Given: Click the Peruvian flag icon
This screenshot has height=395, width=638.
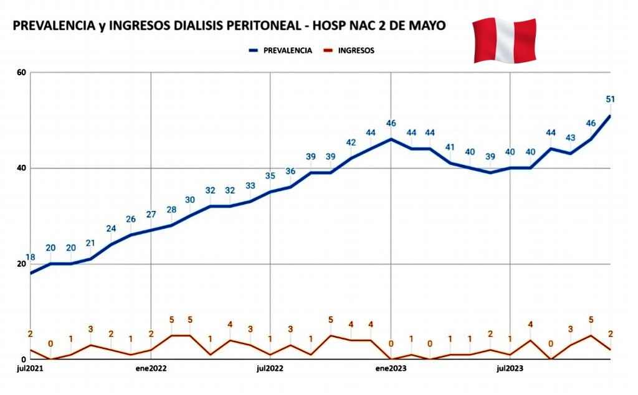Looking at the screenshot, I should click(x=504, y=40).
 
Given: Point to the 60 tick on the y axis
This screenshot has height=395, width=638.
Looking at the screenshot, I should click(x=21, y=72).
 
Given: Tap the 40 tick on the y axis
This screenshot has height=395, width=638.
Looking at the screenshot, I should click(x=21, y=168).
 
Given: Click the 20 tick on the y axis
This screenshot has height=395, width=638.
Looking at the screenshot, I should click(x=21, y=264).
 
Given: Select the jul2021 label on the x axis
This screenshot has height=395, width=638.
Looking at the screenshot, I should click(x=31, y=368).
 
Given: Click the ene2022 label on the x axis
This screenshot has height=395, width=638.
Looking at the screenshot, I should click(x=150, y=368).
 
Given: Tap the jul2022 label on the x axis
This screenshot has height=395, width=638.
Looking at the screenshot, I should click(x=270, y=368).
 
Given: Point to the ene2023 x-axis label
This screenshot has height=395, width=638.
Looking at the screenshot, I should click(x=391, y=368).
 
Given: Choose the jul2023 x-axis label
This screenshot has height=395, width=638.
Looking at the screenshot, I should click(x=510, y=368).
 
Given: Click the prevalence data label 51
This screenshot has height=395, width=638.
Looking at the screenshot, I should click(x=611, y=99).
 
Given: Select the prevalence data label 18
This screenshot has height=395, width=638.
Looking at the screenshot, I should click(x=29, y=258).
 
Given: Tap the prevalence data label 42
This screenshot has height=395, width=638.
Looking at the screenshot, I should click(x=351, y=142).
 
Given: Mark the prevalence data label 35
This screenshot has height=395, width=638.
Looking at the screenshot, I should click(x=270, y=176).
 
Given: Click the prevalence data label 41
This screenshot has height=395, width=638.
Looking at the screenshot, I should click(x=450, y=147).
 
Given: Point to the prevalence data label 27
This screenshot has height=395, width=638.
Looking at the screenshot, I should click(x=150, y=215).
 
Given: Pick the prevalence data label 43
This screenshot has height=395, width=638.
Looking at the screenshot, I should click(x=570, y=137).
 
